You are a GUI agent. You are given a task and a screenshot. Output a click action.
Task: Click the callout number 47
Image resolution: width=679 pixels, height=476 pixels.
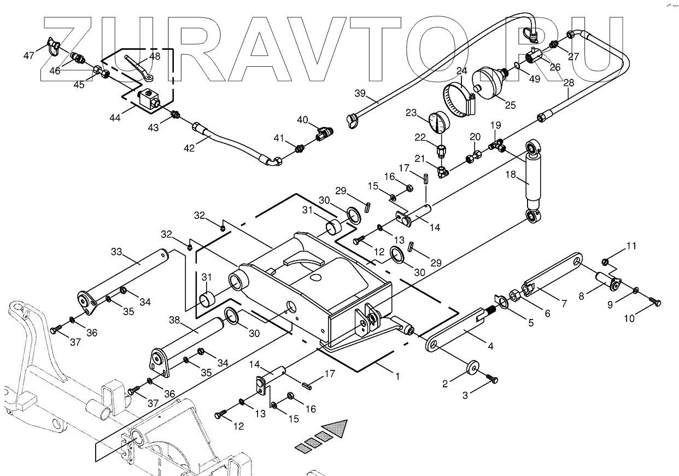pyautogui.click(x=28, y=55)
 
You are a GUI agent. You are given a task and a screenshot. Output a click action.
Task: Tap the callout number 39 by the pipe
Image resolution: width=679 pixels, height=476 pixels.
pyautogui.click(x=360, y=93)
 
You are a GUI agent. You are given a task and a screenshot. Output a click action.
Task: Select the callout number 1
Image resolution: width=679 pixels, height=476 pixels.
pyautogui.click(x=397, y=376)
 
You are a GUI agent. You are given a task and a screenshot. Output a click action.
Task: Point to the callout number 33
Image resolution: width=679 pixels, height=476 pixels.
pyautogui.click(x=116, y=252)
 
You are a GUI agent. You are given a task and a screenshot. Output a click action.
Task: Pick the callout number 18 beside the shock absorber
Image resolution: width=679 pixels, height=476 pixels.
pyautogui.click(x=511, y=176)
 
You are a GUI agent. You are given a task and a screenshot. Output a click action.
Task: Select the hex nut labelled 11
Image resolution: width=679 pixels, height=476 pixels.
pyautogui.click(x=605, y=261)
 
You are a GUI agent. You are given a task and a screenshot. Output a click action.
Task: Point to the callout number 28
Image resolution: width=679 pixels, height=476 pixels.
pyautogui.click(x=569, y=83)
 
